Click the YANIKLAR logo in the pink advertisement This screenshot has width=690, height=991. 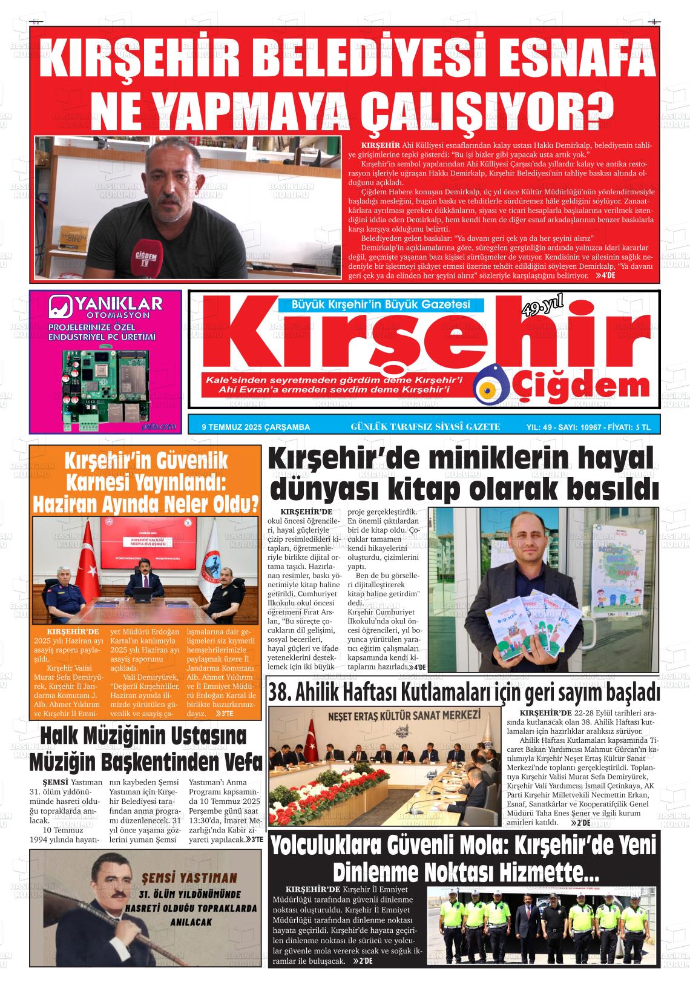(x=105, y=306)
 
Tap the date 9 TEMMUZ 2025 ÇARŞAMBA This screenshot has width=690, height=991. (x=255, y=427)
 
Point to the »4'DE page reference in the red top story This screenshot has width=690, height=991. (x=605, y=275)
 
